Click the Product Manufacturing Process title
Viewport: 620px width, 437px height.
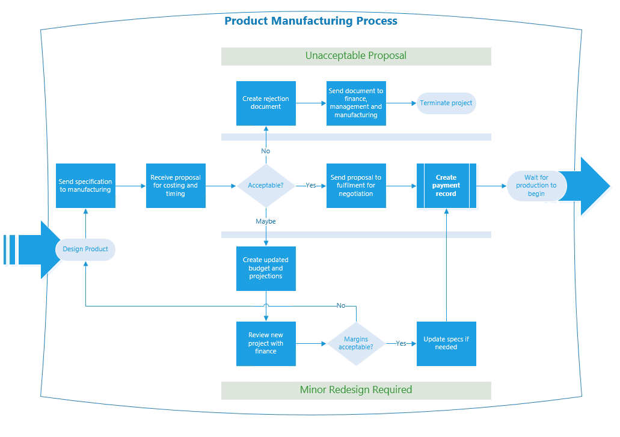pyautogui.click(x=310, y=21)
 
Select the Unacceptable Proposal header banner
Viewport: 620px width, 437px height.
pyautogui.click(x=356, y=56)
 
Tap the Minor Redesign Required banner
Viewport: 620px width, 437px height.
pyautogui.click(x=356, y=390)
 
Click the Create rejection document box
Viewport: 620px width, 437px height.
pyautogui.click(x=266, y=103)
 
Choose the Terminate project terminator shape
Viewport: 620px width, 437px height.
pyautogui.click(x=446, y=103)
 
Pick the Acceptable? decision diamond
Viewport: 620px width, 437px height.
pyautogui.click(x=266, y=186)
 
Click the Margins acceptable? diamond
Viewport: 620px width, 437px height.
pyautogui.click(x=355, y=344)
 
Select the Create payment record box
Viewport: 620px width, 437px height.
pyautogui.click(x=446, y=186)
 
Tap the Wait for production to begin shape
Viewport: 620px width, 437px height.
pyautogui.click(x=536, y=186)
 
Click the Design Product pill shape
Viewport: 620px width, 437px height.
pyautogui.click(x=85, y=249)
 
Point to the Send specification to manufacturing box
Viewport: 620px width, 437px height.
pyautogui.click(x=85, y=186)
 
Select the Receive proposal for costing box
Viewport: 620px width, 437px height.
pyautogui.click(x=176, y=186)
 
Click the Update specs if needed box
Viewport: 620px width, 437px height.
pyautogui.click(x=446, y=344)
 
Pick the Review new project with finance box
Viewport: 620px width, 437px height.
pyautogui.click(x=266, y=344)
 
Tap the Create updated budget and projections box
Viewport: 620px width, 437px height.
pyautogui.click(x=266, y=269)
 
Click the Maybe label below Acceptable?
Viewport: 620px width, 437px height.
pyautogui.click(x=266, y=222)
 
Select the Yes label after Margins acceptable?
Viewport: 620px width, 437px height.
pyautogui.click(x=401, y=344)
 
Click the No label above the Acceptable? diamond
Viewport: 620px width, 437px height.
pyautogui.click(x=266, y=151)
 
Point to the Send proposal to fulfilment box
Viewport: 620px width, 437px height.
pyautogui.click(x=356, y=186)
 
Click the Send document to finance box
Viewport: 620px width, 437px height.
pyautogui.click(x=356, y=103)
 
